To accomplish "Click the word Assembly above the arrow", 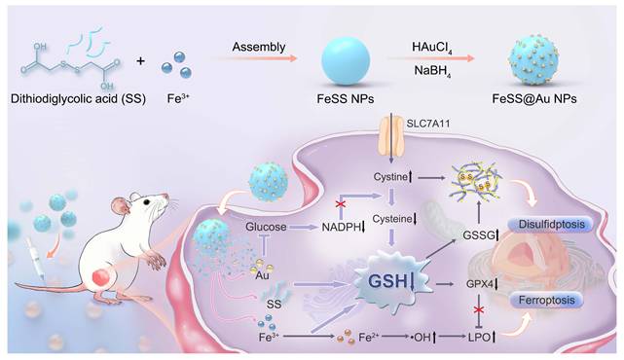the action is tap(259, 48).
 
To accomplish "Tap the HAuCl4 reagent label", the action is tap(432, 48).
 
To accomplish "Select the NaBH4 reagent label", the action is tap(432, 71).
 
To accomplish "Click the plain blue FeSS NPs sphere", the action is tap(346, 61).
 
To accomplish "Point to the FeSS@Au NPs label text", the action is tap(534, 98).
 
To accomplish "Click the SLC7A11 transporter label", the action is tap(428, 124).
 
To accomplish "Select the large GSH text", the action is tap(388, 281).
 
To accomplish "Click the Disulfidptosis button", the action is tap(552, 225).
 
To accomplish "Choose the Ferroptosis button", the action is tap(547, 300).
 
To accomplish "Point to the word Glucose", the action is tap(266, 227).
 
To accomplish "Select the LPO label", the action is tap(479, 338).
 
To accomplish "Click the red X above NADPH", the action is tap(341, 204).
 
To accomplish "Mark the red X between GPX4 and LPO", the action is tap(479, 310).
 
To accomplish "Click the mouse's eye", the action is tap(147, 202).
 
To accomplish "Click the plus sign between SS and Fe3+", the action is tap(140, 61).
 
